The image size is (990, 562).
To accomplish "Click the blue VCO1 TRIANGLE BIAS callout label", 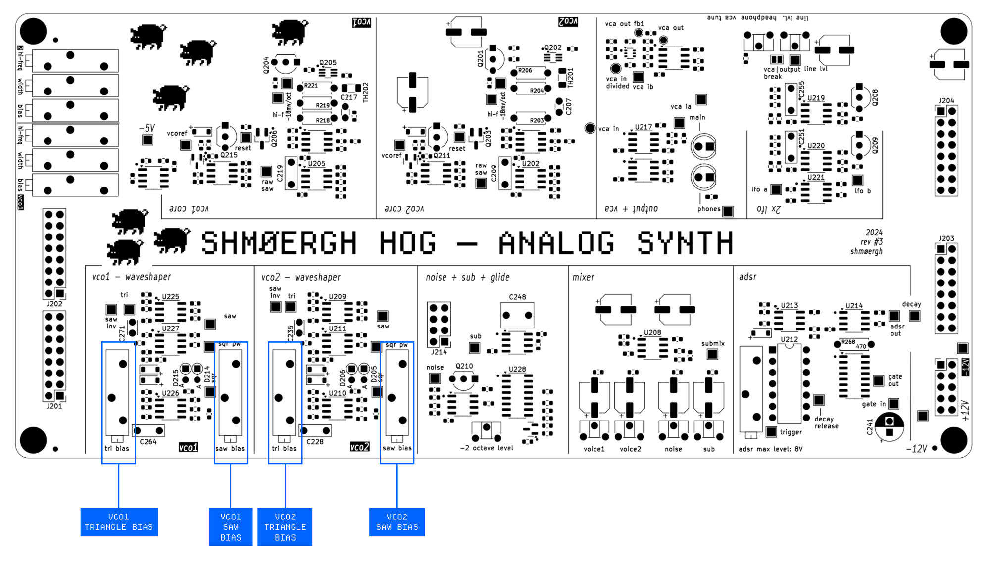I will (119, 522).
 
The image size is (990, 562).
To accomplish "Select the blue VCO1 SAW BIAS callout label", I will (230, 527).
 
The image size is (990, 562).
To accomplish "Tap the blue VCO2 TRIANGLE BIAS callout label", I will (285, 527).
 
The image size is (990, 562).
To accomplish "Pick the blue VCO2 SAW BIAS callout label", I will (396, 522).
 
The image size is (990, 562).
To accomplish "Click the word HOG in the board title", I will (407, 243).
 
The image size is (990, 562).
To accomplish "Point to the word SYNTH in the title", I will (685, 243).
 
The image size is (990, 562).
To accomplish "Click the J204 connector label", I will (946, 100).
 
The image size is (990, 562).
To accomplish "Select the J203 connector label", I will (946, 238).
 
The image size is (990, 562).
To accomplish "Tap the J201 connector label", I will (54, 406).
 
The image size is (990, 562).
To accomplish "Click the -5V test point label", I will (147, 128).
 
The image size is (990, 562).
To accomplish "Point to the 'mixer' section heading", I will (583, 277).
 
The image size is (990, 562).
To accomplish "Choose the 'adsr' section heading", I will (747, 277).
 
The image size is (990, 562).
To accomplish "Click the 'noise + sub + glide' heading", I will (467, 277).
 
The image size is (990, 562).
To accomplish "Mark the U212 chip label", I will (789, 339).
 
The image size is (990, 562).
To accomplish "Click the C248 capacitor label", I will (517, 297).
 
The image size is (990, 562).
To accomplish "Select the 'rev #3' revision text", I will (871, 242).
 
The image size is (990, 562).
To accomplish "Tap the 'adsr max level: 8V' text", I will (770, 449).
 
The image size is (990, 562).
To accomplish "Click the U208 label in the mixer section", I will (652, 332).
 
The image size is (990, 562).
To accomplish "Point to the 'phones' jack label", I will (709, 209).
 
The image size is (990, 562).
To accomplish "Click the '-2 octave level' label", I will (486, 448).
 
